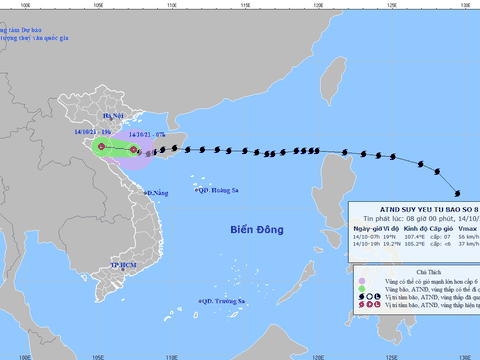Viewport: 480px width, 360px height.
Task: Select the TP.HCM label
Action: pyautogui.click(x=122, y=264)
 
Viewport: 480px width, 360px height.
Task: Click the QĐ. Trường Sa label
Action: pyautogui.click(x=222, y=302)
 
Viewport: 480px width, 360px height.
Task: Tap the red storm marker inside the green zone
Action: pyautogui.click(x=101, y=148)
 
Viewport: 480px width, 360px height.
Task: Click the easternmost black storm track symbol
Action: pyautogui.click(x=457, y=193)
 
